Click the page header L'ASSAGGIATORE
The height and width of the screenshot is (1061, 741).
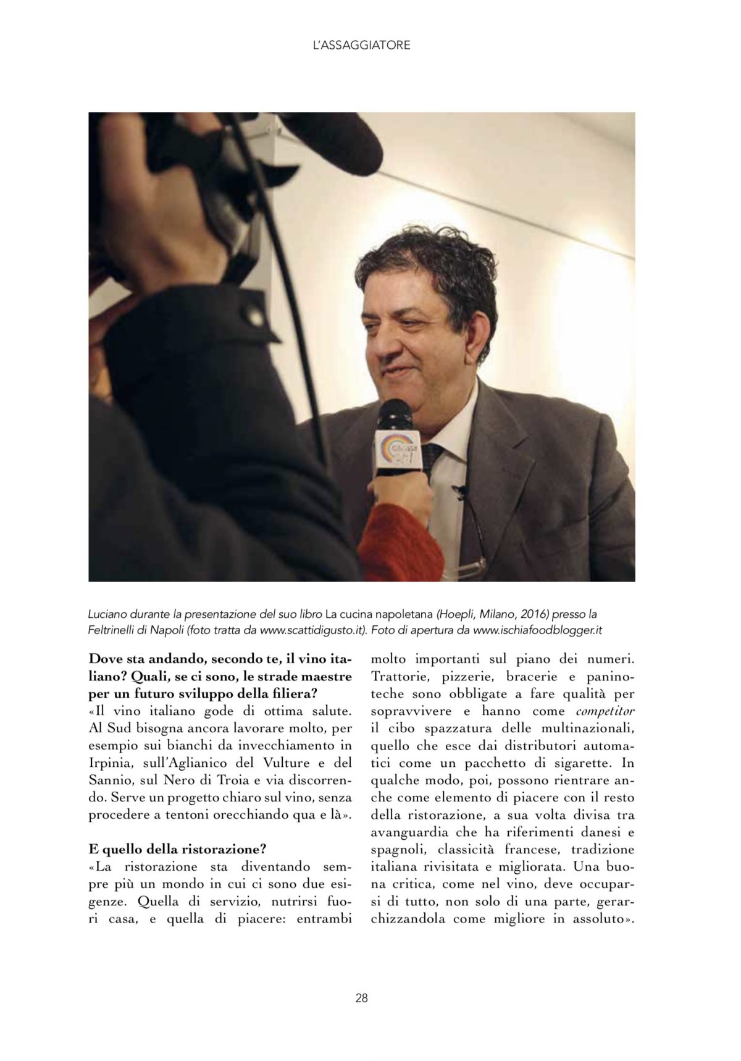tap(361, 45)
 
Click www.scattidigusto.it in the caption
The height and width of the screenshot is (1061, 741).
tap(312, 630)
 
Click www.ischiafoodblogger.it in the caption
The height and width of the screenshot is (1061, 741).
tap(537, 630)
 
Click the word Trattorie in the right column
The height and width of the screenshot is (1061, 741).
tap(400, 677)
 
